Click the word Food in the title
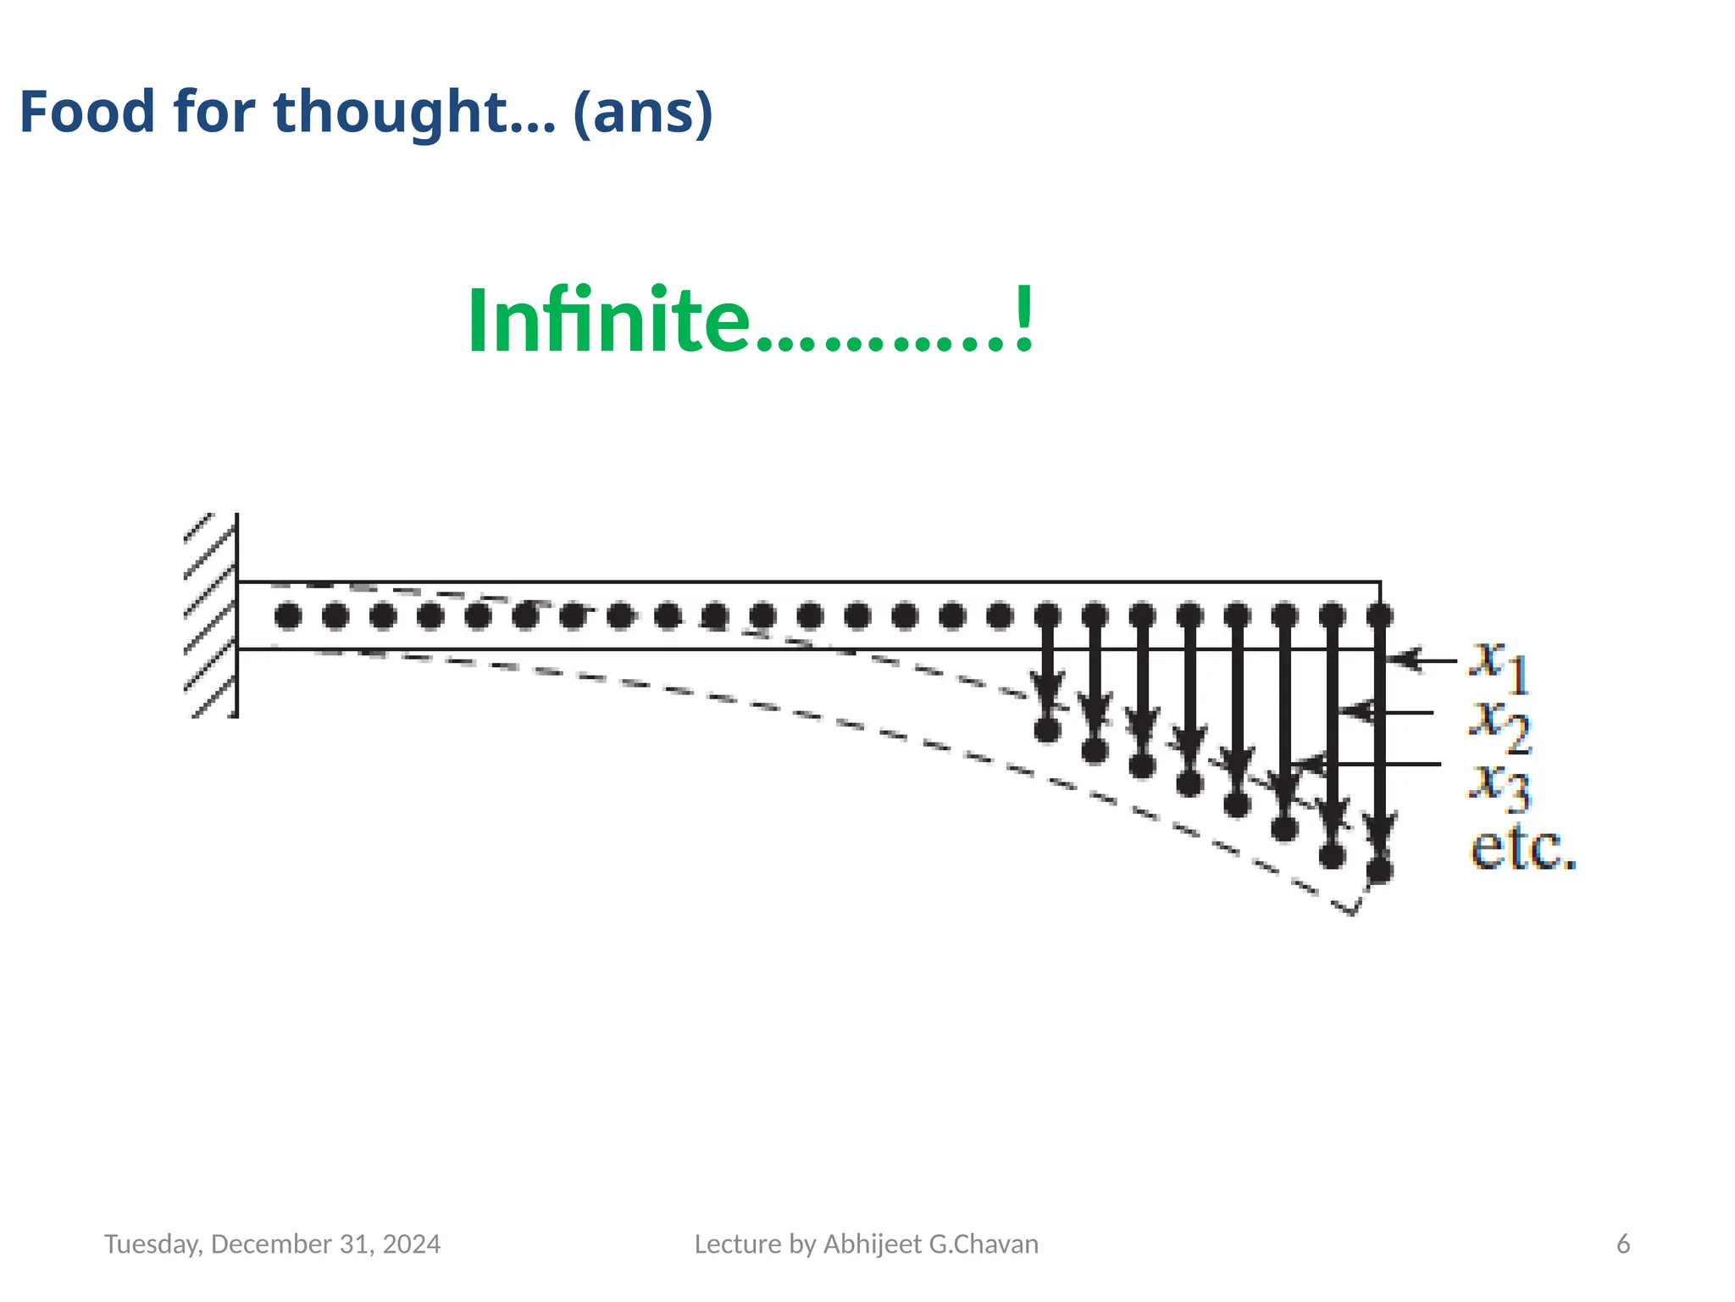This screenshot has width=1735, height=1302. (86, 112)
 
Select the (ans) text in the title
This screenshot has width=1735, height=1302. (643, 112)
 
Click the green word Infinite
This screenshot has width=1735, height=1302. (607, 321)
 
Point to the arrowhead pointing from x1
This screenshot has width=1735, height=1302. (1403, 659)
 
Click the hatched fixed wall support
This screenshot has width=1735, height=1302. (211, 615)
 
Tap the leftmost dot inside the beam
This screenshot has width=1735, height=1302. (288, 616)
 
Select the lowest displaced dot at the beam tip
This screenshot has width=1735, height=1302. (1380, 870)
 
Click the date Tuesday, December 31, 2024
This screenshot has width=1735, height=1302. (272, 1244)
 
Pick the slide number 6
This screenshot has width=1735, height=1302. (1623, 1244)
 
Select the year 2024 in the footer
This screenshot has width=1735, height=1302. (412, 1244)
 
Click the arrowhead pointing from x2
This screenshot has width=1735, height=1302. (1355, 712)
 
